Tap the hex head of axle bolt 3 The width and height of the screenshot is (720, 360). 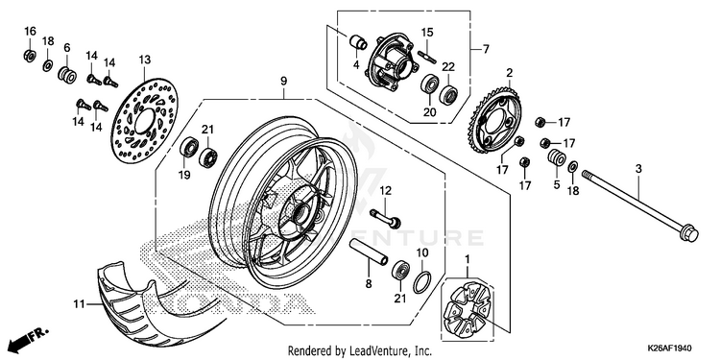click(688, 233)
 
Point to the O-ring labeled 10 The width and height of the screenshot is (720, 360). click(422, 282)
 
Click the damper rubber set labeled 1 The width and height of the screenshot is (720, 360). click(468, 308)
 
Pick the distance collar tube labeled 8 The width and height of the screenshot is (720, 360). click(370, 252)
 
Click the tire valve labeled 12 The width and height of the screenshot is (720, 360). click(386, 219)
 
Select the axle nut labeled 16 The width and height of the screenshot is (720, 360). click(30, 56)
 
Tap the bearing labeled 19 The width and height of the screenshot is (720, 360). click(189, 147)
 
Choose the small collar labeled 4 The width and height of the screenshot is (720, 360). click(357, 42)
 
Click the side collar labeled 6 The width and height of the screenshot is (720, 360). click(67, 75)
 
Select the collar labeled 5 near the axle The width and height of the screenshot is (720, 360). click(556, 157)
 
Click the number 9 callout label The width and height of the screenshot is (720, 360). click(283, 82)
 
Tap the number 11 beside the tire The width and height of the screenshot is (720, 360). click(79, 303)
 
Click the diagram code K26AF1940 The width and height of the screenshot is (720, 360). click(669, 348)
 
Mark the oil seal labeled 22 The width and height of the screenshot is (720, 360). click(448, 94)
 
